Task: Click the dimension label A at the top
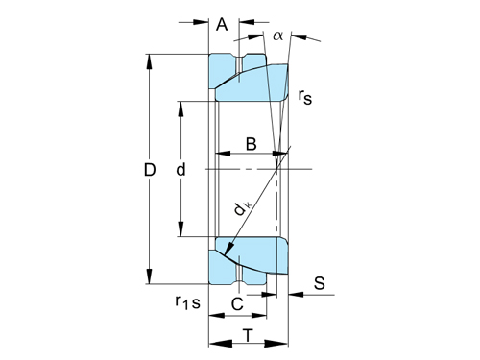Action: pyautogui.click(x=222, y=24)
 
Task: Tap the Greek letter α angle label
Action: pyautogui.click(x=277, y=36)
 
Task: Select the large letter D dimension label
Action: pyautogui.click(x=150, y=170)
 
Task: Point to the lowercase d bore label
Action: pyautogui.click(x=180, y=169)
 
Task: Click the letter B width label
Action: pyautogui.click(x=252, y=144)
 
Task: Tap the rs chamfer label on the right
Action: pyautogui.click(x=304, y=97)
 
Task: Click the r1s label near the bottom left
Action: pyautogui.click(x=188, y=302)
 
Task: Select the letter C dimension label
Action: pyautogui.click(x=237, y=304)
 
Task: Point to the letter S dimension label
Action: pyautogui.click(x=320, y=283)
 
